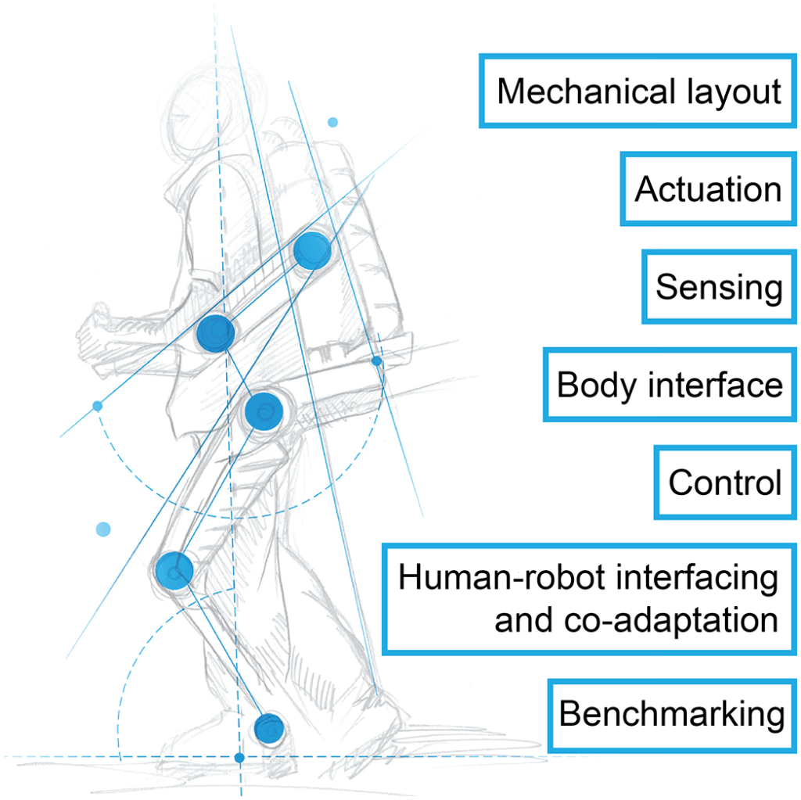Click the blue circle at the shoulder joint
[312, 251]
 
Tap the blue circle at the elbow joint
[216, 332]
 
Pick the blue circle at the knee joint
[174, 570]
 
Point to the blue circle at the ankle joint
[269, 727]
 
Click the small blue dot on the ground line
[240, 757]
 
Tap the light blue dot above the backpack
[332, 122]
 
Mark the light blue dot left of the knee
[103, 529]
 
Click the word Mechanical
[586, 91]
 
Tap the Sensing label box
[719, 286]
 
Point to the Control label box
[725, 483]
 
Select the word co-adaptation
[670, 620]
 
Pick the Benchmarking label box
[672, 715]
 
